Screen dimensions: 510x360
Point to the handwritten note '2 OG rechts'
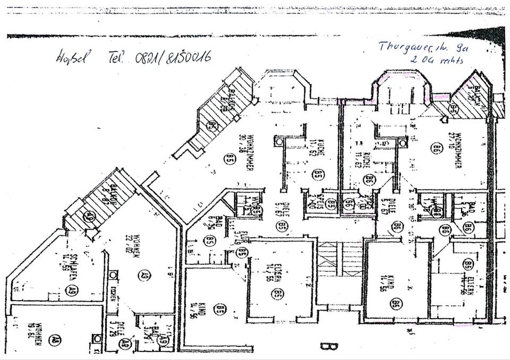(437, 60)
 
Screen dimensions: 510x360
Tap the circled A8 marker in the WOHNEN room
(54, 340)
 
